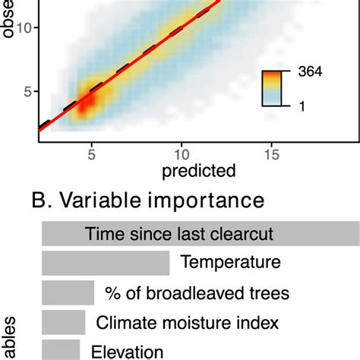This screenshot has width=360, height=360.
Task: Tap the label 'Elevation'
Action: [127, 351]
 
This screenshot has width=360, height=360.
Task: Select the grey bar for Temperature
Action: [105, 264]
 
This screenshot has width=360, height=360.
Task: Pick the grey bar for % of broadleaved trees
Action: [68, 293]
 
